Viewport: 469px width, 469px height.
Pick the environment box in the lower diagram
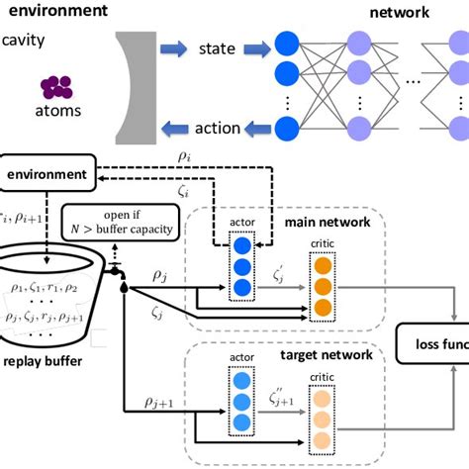(47, 174)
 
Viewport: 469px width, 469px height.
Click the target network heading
(326, 353)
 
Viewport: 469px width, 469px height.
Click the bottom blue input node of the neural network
(287, 129)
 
